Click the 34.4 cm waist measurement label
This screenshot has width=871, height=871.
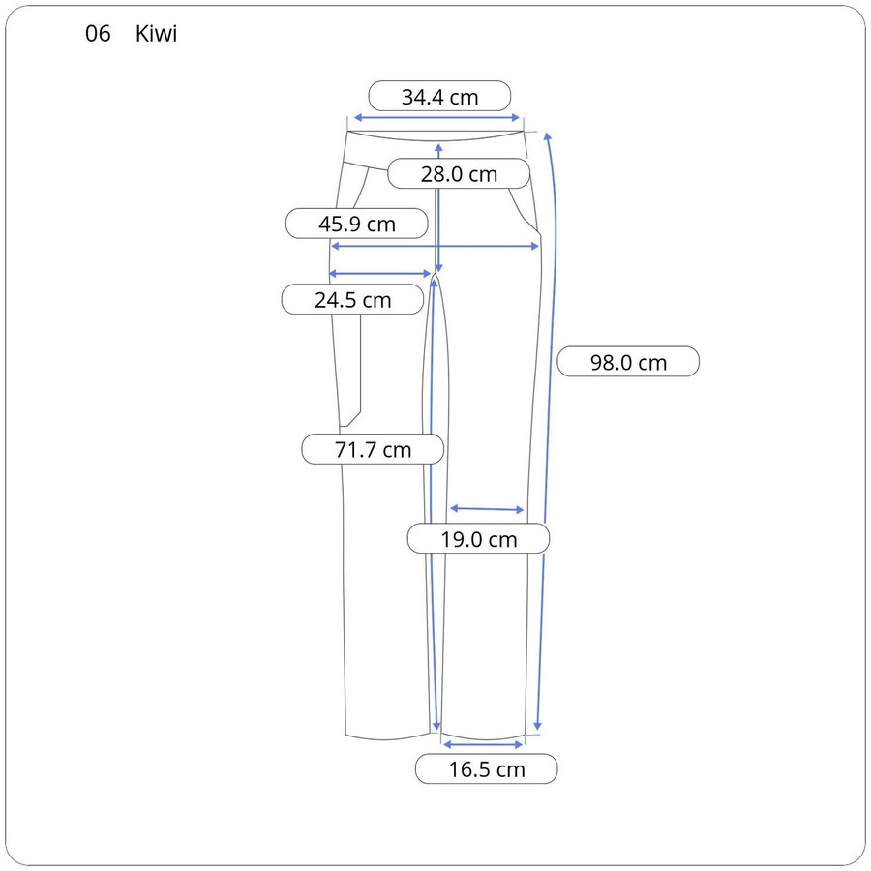[439, 96]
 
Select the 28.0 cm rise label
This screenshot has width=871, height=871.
[459, 173]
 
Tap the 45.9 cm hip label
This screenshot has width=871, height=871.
[356, 224]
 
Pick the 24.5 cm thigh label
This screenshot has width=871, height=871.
[352, 299]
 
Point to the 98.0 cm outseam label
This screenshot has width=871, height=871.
[628, 362]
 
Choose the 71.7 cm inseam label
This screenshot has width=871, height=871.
[373, 449]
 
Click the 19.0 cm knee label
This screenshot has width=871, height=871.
[478, 538]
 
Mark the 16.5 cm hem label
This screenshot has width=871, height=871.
[486, 768]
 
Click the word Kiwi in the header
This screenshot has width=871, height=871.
[156, 34]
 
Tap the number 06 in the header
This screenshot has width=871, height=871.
[98, 34]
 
